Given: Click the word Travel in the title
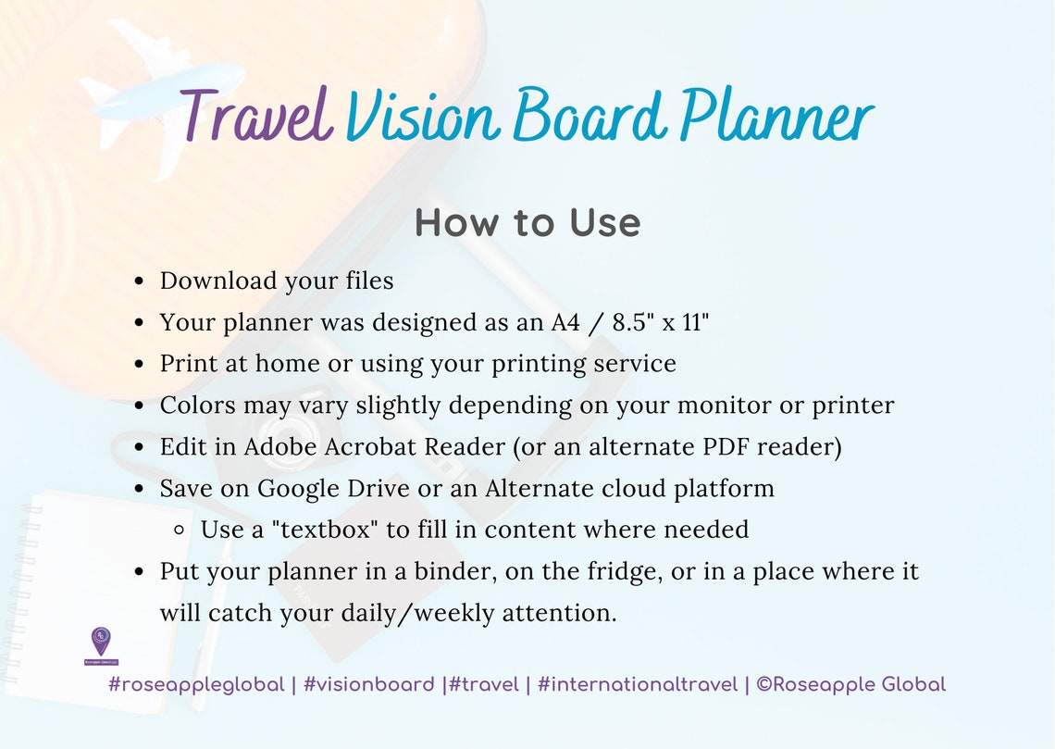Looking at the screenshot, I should click(x=256, y=115).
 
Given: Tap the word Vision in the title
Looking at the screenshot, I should click(x=424, y=117).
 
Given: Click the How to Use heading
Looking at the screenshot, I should click(x=527, y=223).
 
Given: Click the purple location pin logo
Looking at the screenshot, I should click(x=101, y=642).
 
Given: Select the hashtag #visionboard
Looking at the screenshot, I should click(x=368, y=685).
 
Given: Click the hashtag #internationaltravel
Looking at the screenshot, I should click(x=638, y=685).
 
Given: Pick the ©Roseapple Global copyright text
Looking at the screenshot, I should click(x=850, y=685).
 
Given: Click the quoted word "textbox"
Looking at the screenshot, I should click(x=318, y=531).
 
